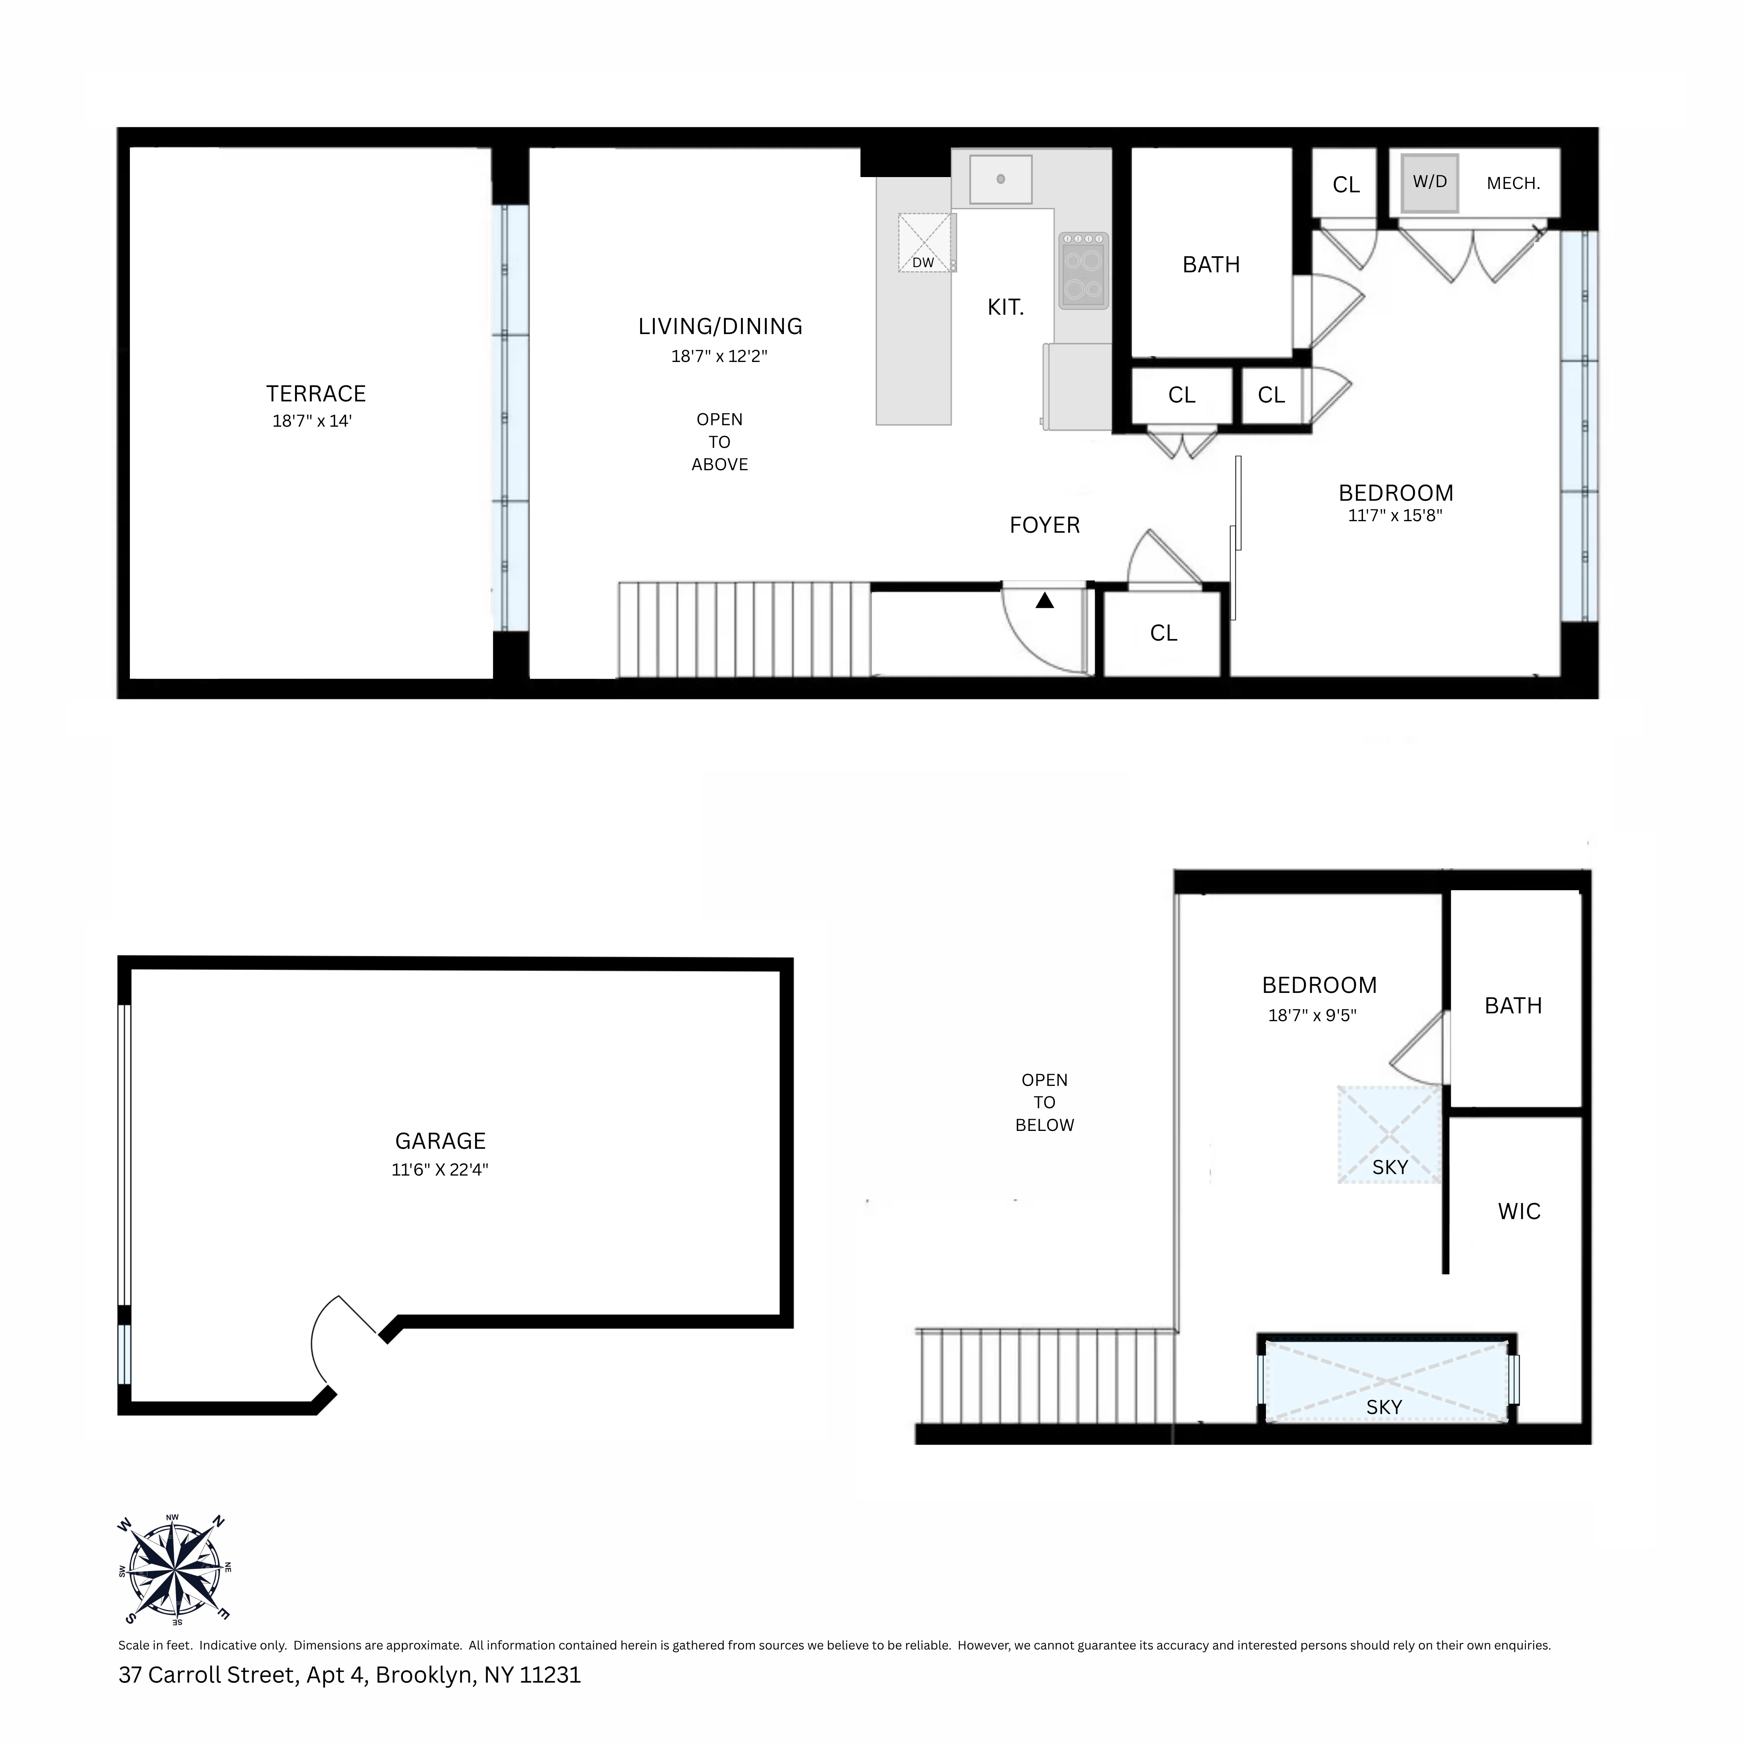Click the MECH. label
(1513, 183)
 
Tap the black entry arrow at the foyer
(1044, 600)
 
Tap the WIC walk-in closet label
(1519, 1211)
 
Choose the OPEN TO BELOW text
(1044, 1102)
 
